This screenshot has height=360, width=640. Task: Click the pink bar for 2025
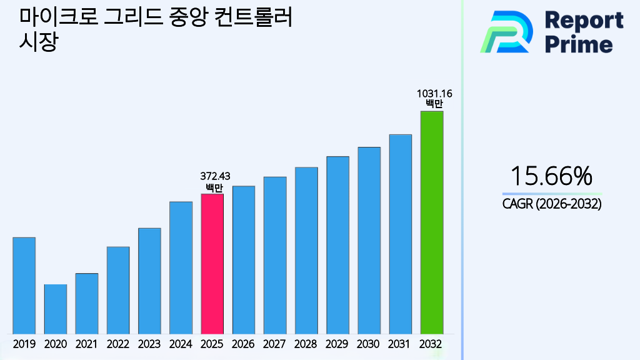[x=212, y=263]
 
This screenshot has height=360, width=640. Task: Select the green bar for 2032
[x=431, y=222]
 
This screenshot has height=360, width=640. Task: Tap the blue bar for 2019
[x=24, y=285]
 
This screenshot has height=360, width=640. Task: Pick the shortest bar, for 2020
[x=55, y=309]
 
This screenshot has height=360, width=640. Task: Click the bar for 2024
[x=181, y=267]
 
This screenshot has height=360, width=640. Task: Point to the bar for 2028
[x=306, y=250]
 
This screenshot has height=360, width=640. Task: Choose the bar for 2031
[x=400, y=234]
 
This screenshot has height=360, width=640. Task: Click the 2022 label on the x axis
[x=118, y=344]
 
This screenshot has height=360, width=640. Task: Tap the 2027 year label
[x=275, y=344]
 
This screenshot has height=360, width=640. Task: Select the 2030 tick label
[x=369, y=344]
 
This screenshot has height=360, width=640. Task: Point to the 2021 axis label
[x=87, y=344]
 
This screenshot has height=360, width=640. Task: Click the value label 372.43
[x=212, y=177]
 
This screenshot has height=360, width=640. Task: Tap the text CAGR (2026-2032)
[x=551, y=204]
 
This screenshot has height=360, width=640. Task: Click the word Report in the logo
[x=584, y=20]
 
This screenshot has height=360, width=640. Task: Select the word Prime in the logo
[x=579, y=44]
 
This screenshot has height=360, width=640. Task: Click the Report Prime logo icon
[x=506, y=32]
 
